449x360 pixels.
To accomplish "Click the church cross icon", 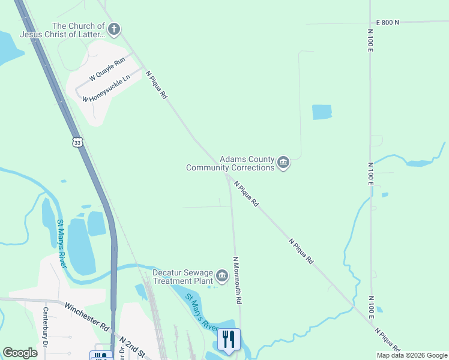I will pyautogui.click(x=114, y=29).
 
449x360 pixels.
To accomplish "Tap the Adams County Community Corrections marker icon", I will pyautogui.click(x=283, y=163).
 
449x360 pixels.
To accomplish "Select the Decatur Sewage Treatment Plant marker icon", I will pyautogui.click(x=222, y=276).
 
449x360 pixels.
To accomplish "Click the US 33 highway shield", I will pyautogui.click(x=76, y=142).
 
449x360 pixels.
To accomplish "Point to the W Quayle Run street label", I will pyautogui.click(x=107, y=68).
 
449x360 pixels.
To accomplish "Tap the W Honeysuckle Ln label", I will pyautogui.click(x=107, y=89).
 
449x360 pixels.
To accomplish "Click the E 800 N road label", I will pyautogui.click(x=387, y=22).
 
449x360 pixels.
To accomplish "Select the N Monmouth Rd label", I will pyautogui.click(x=237, y=280).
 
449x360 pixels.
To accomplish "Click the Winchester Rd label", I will pyautogui.click(x=88, y=317).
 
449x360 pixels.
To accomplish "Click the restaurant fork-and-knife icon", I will pyautogui.click(x=228, y=340).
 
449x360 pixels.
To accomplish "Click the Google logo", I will pyautogui.click(x=20, y=353).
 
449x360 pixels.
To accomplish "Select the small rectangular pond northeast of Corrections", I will pyautogui.click(x=322, y=112).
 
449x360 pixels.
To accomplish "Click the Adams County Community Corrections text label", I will pyautogui.click(x=231, y=163).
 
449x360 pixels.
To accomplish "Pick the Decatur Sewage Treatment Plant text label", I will pyautogui.click(x=183, y=276).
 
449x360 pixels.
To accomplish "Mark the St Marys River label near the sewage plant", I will pyautogui.click(x=200, y=312).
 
